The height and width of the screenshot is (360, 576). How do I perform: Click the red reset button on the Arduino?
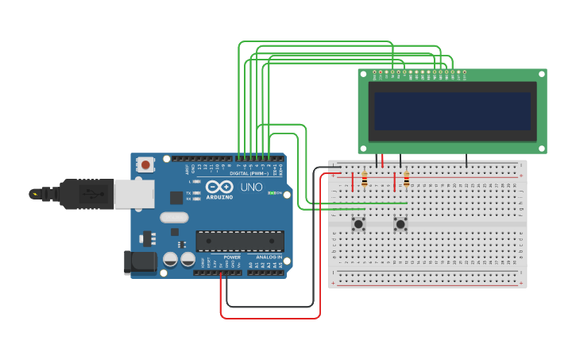(x=145, y=165)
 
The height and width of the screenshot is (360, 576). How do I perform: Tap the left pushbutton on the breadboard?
(x=358, y=224)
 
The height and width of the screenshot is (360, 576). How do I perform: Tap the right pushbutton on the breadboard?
(x=400, y=224)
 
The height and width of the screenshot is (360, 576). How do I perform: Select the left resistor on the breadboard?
(x=365, y=180)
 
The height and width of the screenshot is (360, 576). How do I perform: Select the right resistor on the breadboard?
(x=407, y=180)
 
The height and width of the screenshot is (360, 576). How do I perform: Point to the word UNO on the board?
(x=251, y=188)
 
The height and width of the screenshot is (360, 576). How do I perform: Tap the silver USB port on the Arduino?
(x=133, y=193)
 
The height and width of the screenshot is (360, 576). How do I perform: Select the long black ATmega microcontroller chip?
(x=240, y=241)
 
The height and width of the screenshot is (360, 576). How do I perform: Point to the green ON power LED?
(x=272, y=193)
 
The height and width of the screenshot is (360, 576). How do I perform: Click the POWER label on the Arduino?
(x=232, y=257)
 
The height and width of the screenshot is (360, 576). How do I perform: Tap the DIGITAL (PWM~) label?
(x=247, y=172)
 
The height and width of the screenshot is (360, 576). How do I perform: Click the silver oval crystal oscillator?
(x=174, y=217)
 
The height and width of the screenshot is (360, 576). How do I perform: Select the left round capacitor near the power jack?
(x=170, y=259)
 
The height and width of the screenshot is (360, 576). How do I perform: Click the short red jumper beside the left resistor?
(x=353, y=182)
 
